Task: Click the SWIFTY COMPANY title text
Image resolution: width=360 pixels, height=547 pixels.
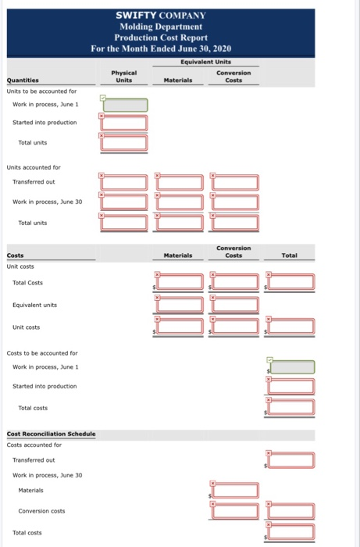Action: pos(161,16)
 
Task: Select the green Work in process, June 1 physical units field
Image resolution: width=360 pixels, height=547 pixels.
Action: pos(126,105)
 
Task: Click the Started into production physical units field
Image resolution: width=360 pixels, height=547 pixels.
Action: pos(124,123)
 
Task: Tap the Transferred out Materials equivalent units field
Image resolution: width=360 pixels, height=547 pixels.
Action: pos(180,182)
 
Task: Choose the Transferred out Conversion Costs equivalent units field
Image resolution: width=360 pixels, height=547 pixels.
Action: pos(235,182)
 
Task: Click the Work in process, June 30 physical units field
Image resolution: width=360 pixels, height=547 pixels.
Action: pos(124,202)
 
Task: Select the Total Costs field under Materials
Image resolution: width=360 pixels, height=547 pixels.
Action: pos(180,282)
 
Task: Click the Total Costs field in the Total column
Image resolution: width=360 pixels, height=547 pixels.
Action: pos(291,282)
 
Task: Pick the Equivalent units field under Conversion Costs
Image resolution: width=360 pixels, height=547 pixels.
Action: pos(235,305)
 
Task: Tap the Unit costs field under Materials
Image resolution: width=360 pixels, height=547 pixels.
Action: pos(180,326)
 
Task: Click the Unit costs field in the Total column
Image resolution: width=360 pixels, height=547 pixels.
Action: pos(291,326)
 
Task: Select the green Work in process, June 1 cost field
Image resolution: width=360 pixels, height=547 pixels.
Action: pos(292,367)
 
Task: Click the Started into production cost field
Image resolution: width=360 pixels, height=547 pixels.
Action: pos(291,386)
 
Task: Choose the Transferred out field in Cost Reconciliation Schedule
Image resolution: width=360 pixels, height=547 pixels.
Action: pos(291,460)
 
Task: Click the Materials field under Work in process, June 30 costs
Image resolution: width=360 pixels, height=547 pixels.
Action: pos(235,490)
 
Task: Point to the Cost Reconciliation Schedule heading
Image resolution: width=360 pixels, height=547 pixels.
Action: pos(51,434)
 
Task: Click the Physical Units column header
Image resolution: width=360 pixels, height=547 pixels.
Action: pos(123,77)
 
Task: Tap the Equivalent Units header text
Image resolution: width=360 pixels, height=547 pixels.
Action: pos(205,62)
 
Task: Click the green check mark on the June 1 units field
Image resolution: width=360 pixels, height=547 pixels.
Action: pos(103,98)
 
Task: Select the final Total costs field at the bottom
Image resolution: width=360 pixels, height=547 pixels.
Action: pos(291,531)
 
